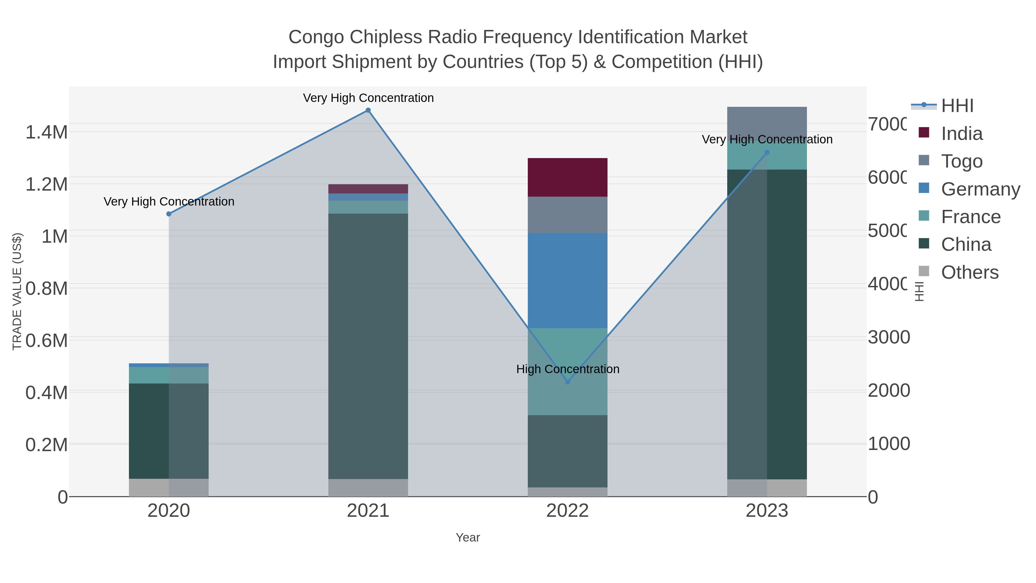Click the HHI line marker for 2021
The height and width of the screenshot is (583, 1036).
tap(368, 110)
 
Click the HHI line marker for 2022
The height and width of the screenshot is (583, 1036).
tap(567, 382)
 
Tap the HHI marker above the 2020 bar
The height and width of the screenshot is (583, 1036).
tap(169, 214)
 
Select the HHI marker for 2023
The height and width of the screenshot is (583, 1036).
tap(767, 153)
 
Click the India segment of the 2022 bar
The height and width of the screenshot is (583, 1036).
tap(567, 177)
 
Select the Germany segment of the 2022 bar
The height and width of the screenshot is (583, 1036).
tap(567, 280)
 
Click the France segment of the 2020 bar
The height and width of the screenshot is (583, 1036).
tap(169, 375)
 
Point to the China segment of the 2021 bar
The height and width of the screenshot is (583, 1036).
tap(368, 346)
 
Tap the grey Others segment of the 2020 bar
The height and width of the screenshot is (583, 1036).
tap(169, 488)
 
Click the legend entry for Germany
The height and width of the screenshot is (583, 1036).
tap(980, 189)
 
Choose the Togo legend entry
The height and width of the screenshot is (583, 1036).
tap(961, 161)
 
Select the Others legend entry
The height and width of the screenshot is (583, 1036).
tap(970, 272)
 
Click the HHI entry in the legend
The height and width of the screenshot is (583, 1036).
tap(957, 106)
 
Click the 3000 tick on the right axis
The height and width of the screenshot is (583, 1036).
tap(888, 337)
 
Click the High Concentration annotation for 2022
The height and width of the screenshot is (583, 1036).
tap(567, 369)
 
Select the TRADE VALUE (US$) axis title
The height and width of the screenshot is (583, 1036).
tap(17, 291)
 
